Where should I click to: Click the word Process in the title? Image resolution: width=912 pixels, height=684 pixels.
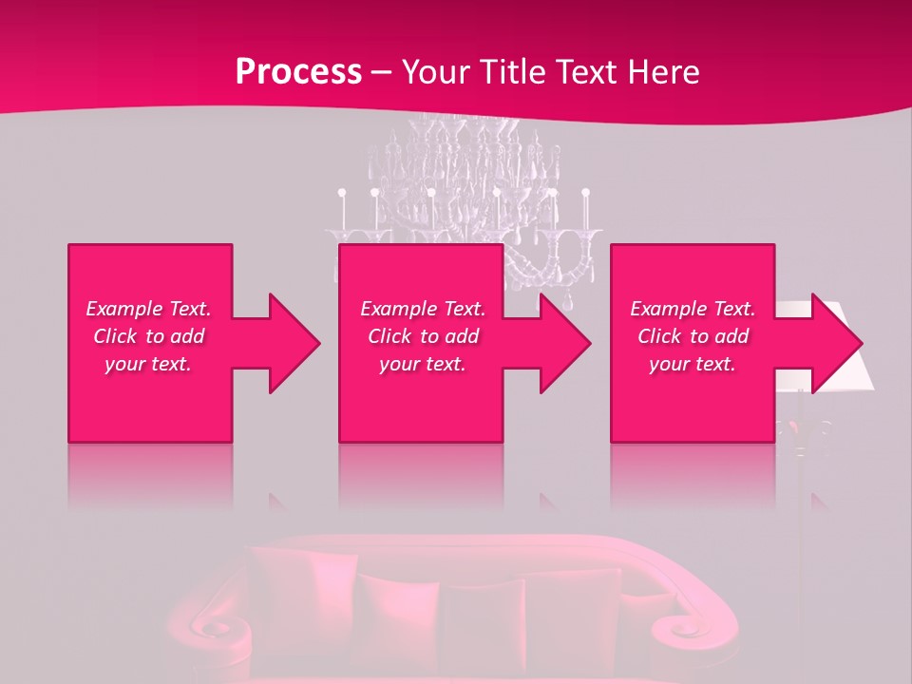point(298,72)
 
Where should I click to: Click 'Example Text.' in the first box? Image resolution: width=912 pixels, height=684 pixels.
point(148,309)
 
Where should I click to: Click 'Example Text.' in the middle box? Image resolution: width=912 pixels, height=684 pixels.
point(423,309)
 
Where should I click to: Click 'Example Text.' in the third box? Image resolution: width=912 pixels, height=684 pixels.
point(693,309)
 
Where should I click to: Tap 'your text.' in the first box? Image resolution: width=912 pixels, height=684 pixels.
point(148,364)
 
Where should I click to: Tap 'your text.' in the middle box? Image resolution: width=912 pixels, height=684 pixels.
point(423,364)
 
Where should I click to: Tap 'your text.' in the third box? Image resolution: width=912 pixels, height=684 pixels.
point(693,364)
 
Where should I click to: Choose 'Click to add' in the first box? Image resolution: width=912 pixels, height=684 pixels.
point(148,336)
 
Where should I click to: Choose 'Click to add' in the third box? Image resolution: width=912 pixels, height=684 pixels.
point(693,336)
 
